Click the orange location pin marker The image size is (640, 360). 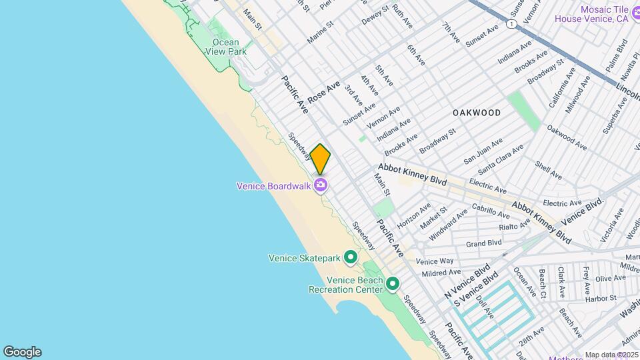[320, 159]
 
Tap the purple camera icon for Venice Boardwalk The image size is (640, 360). [321, 185]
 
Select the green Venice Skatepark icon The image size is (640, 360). [350, 257]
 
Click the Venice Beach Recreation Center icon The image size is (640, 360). [393, 285]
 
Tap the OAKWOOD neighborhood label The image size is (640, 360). [476, 113]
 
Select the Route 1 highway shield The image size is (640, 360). [511, 24]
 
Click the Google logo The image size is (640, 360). [22, 351]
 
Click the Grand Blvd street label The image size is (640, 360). [483, 243]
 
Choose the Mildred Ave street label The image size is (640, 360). [441, 273]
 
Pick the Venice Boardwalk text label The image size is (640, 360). [274, 186]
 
